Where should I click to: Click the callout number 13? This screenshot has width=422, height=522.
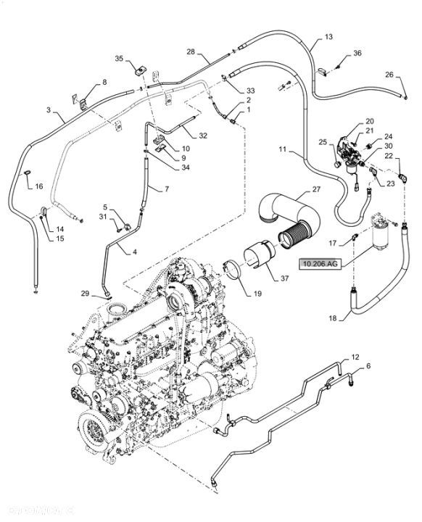pyautogui.click(x=329, y=36)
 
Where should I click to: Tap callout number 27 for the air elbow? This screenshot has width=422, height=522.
pyautogui.click(x=316, y=190)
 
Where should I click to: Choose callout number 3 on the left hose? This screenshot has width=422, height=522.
pyautogui.click(x=49, y=109)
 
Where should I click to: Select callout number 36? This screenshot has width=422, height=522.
pyautogui.click(x=356, y=54)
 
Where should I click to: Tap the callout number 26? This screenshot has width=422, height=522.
pyautogui.click(x=389, y=75)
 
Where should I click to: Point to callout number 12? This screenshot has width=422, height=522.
pyautogui.click(x=355, y=357)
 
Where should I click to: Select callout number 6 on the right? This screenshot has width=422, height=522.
pyautogui.click(x=368, y=366)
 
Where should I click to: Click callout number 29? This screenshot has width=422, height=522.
pyautogui.click(x=84, y=294)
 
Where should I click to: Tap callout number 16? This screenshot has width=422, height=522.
pyautogui.click(x=38, y=186)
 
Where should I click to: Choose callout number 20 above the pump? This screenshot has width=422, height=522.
pyautogui.click(x=370, y=122)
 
